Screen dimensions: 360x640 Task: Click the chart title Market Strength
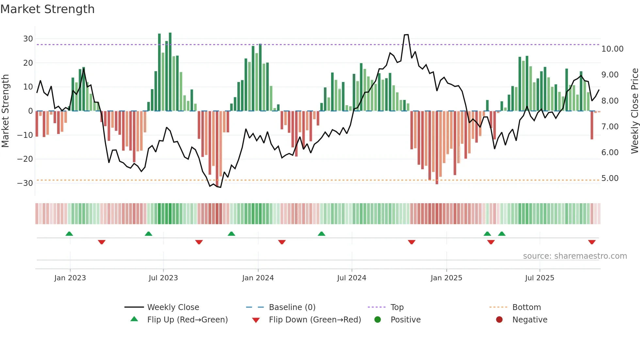(x=47, y=9)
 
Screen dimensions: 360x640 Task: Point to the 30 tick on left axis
(x=28, y=39)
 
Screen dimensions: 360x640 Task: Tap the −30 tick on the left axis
(x=25, y=183)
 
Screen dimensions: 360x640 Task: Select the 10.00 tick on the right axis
(x=612, y=49)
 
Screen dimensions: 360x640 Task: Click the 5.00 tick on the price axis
(x=610, y=178)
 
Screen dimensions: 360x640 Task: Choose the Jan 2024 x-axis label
(x=258, y=278)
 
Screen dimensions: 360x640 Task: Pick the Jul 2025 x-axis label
(x=539, y=278)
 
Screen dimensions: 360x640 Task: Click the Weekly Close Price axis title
(x=634, y=111)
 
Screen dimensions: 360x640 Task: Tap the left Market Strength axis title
(x=5, y=111)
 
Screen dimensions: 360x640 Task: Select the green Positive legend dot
(x=377, y=319)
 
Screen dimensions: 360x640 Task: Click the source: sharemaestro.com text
(x=575, y=256)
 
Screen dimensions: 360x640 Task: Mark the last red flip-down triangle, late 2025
(x=592, y=242)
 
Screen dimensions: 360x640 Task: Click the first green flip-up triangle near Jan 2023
(x=69, y=234)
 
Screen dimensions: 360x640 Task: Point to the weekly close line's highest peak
(x=406, y=35)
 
